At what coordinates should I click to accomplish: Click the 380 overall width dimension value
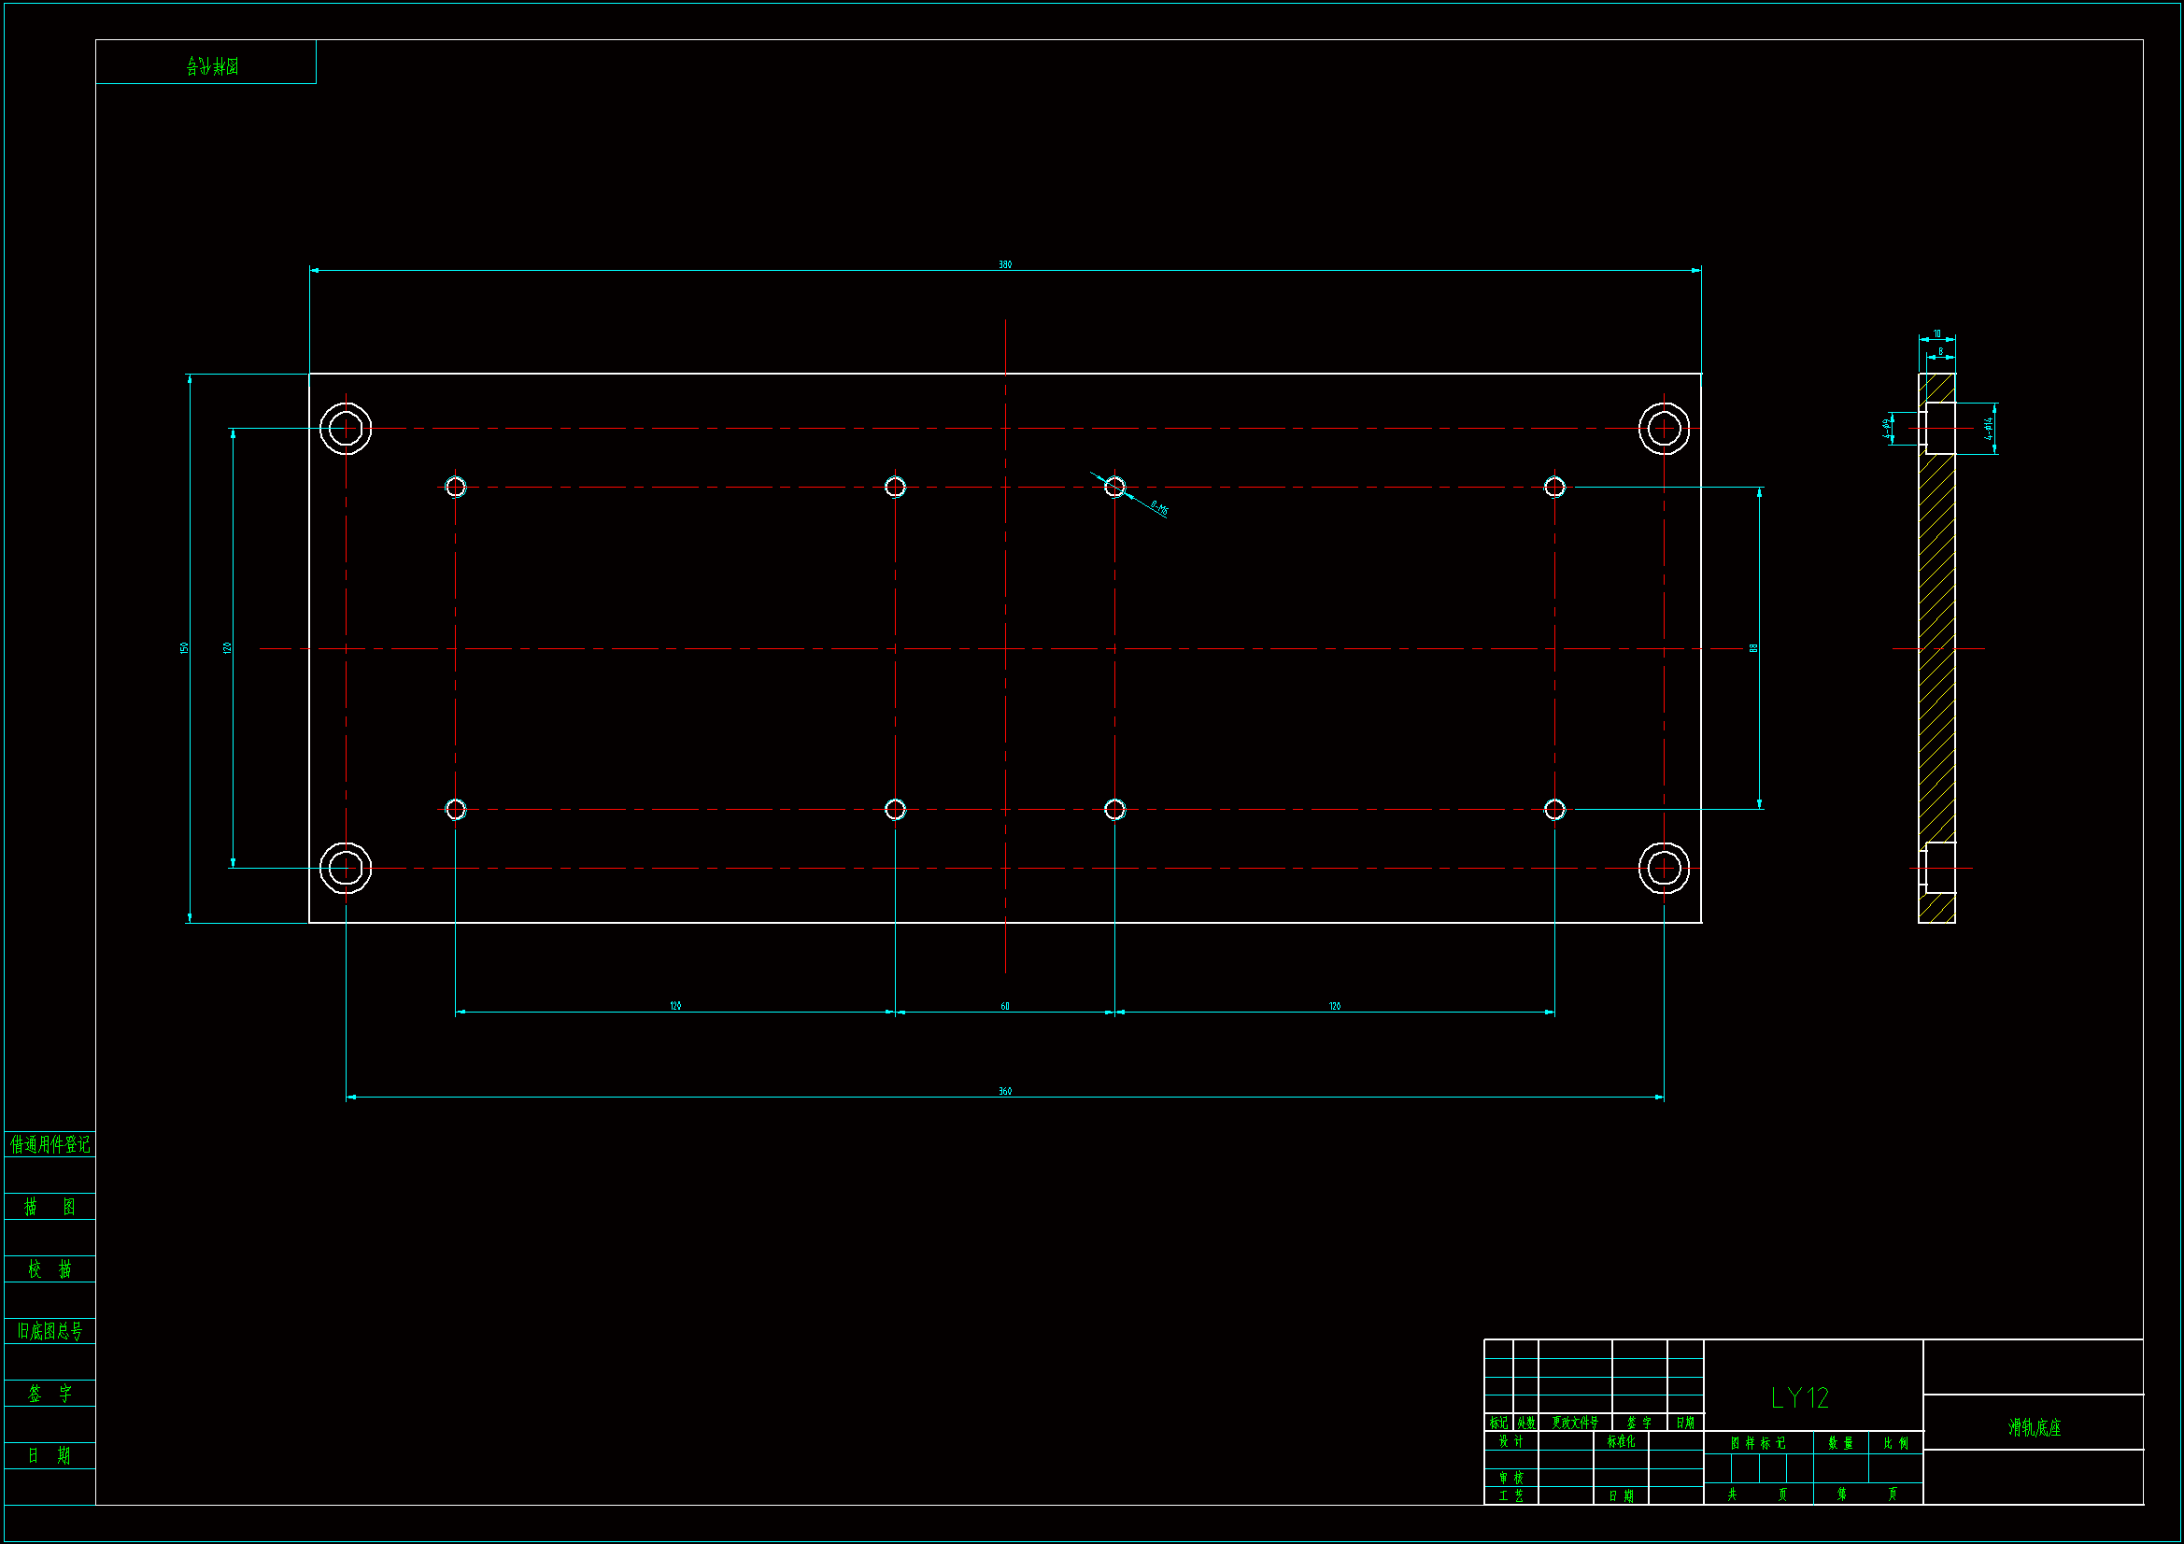pyautogui.click(x=1004, y=264)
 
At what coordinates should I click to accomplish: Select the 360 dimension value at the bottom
pyautogui.click(x=1004, y=1091)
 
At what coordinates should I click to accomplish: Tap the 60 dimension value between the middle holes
pyautogui.click(x=1004, y=1006)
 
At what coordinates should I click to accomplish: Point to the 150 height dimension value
pyautogui.click(x=185, y=648)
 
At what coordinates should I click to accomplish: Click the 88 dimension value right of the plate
pyautogui.click(x=1753, y=648)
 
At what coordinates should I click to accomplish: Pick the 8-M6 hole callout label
pyautogui.click(x=1158, y=508)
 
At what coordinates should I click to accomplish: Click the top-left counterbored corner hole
pyautogui.click(x=346, y=429)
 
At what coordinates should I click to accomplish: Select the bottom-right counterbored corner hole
pyautogui.click(x=1664, y=868)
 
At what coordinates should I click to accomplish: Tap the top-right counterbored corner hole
pyautogui.click(x=1664, y=429)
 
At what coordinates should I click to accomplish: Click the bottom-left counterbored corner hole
pyautogui.click(x=346, y=868)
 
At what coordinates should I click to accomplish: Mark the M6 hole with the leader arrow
pyautogui.click(x=1114, y=487)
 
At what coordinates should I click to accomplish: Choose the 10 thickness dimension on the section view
pyautogui.click(x=1936, y=333)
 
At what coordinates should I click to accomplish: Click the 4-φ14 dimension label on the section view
pyautogui.click(x=1988, y=428)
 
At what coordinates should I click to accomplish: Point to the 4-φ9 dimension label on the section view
pyautogui.click(x=1886, y=428)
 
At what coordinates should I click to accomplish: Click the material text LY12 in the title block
pyautogui.click(x=1800, y=1397)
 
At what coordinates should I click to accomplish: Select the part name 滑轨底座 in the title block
pyautogui.click(x=2034, y=1428)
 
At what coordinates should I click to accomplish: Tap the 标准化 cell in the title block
pyautogui.click(x=1621, y=1441)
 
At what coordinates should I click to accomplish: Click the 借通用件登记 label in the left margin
pyautogui.click(x=50, y=1144)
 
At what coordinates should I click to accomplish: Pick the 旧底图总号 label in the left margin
pyautogui.click(x=50, y=1331)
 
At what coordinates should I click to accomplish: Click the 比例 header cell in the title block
pyautogui.click(x=1895, y=1443)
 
